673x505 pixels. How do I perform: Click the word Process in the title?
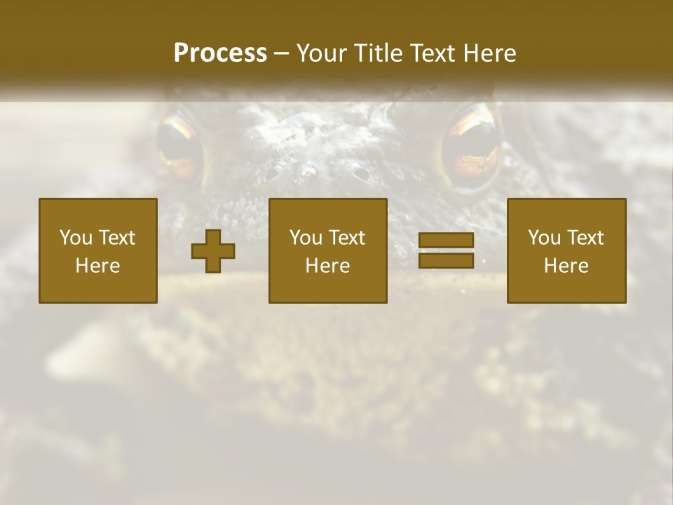[220, 53]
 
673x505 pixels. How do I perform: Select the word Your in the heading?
[321, 53]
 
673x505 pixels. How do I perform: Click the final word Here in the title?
[491, 53]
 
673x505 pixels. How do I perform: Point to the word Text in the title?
[433, 53]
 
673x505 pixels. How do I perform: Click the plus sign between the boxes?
[213, 251]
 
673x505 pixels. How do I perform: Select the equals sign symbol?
[446, 250]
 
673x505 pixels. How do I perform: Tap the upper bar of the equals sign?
[446, 241]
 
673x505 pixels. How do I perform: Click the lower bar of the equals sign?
[446, 260]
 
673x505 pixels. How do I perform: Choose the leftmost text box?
[98, 250]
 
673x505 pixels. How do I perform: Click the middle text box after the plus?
[327, 250]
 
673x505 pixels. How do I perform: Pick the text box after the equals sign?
[566, 250]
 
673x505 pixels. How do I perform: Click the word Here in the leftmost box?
[97, 265]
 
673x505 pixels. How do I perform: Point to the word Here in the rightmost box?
[566, 265]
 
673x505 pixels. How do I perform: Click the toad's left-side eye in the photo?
[179, 144]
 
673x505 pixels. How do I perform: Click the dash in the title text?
[281, 54]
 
